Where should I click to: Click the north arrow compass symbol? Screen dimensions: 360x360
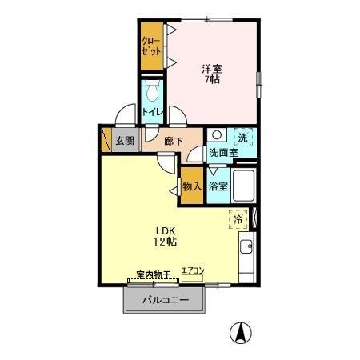[241, 333]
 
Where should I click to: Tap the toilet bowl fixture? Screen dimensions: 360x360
[152, 90]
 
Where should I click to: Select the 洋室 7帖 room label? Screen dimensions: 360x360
[212, 74]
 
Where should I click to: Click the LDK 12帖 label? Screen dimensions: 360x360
[165, 236]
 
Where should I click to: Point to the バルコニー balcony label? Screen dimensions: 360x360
[166, 300]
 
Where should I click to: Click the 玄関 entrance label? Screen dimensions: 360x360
[125, 141]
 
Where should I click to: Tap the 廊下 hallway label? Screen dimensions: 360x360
[174, 141]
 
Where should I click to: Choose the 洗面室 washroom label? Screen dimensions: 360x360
[223, 153]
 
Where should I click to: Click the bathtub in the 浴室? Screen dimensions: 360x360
[243, 186]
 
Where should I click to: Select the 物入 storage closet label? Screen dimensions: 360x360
[192, 186]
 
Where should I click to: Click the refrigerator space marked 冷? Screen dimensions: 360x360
[238, 219]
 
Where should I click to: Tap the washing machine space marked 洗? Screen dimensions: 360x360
[243, 138]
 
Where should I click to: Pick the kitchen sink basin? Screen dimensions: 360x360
[246, 246]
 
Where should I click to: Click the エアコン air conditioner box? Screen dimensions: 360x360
[193, 278]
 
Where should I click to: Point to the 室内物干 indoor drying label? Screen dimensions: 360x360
[154, 274]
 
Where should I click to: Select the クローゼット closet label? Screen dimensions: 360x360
[151, 46]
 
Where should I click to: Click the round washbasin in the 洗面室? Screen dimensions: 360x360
[217, 134]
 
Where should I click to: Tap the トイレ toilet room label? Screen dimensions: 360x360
[152, 112]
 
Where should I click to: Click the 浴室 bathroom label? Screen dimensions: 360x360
[218, 186]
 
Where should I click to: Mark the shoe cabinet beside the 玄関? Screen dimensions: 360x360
[106, 140]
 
